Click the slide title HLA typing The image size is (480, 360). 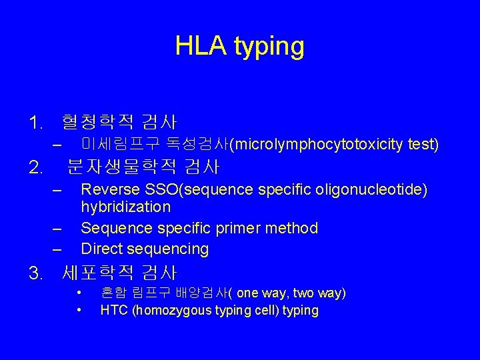tap(240, 46)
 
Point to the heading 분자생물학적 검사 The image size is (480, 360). tap(143, 165)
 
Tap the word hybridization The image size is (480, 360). tap(125, 207)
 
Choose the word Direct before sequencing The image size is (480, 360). tap(99, 249)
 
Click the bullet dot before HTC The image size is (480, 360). tap(79, 310)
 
